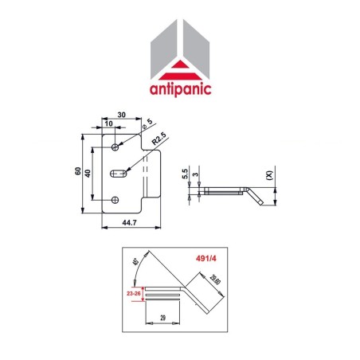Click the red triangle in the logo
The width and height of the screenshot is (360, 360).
click(179, 68)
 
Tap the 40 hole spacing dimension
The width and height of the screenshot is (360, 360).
click(90, 173)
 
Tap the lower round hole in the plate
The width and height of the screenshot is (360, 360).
click(117, 199)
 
